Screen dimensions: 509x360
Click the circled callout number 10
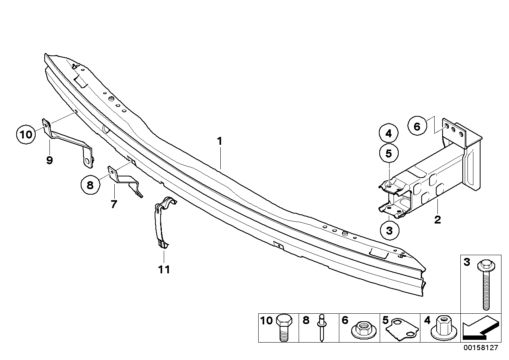pos(26,135)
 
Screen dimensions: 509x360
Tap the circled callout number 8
pos(90,185)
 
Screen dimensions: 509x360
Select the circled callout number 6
pos(417,126)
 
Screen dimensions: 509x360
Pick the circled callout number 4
pos(388,133)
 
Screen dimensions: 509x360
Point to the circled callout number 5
pos(388,153)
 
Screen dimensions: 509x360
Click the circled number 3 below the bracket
pos(390,231)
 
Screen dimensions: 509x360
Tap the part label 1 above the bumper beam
pos(219,141)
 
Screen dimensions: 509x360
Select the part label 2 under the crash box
pos(437,220)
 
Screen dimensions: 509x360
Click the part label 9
pos(49,160)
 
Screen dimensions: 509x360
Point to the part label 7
pos(114,204)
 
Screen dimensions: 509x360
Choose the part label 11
pos(164,269)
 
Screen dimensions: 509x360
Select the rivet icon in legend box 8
pos(322,328)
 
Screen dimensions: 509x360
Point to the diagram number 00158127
pos(481,347)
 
